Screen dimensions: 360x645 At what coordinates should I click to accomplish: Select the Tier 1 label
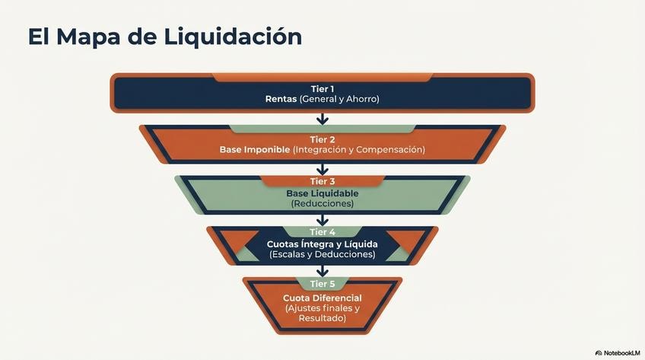coord(322,89)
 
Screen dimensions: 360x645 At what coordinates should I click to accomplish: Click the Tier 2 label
coord(322,139)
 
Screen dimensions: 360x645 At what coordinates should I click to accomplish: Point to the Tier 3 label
coord(322,181)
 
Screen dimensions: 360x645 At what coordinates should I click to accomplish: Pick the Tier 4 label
coord(322,231)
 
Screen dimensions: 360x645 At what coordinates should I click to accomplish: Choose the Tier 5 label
coord(322,284)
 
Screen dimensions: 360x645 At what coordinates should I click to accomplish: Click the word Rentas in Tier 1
coord(281,99)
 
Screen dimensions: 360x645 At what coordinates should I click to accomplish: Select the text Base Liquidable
coord(322,193)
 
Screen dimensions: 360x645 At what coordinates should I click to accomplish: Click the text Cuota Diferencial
coord(322,298)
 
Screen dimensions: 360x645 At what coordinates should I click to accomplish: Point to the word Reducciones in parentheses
coord(322,204)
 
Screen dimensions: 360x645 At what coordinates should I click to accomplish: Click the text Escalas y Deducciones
coord(322,254)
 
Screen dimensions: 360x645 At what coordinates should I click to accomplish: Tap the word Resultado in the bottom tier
coord(322,318)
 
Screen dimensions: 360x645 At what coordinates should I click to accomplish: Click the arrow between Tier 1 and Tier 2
coord(322,118)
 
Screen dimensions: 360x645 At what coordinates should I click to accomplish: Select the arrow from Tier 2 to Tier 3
coord(322,169)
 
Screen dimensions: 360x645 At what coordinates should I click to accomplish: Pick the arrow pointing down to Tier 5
coord(322,271)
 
